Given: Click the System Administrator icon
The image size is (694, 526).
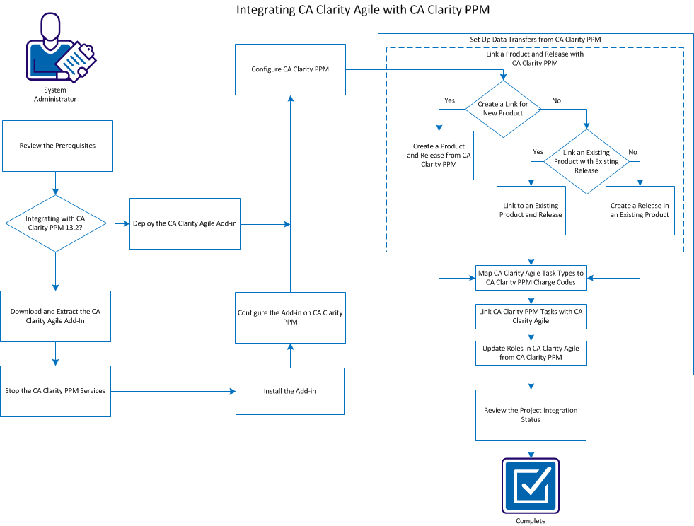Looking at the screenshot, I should point(57,49).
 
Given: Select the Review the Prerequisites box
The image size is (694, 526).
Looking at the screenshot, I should point(57,146).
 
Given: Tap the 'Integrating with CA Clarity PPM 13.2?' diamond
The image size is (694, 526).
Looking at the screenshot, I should point(56,223).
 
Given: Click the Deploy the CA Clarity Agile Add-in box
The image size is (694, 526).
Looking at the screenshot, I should point(185,223).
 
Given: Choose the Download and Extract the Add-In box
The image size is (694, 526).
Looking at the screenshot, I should point(56,316).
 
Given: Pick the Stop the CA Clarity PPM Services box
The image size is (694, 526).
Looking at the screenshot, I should point(55,391).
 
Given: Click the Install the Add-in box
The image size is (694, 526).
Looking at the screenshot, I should point(290,391).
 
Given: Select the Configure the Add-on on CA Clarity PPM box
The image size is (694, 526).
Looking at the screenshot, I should point(290,317).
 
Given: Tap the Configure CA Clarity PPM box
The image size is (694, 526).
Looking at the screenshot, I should point(290,69).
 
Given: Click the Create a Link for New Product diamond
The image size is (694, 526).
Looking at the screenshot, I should point(502,108).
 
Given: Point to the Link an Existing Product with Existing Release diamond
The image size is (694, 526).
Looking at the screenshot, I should point(586,162).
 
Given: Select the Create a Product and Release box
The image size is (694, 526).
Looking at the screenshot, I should point(439,155).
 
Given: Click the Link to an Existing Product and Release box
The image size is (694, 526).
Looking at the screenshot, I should point(531,210).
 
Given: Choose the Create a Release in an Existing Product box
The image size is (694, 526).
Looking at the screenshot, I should point(640,210).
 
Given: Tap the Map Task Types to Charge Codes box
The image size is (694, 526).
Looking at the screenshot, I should point(531,278).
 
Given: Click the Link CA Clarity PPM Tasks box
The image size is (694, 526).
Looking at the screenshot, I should point(531,316).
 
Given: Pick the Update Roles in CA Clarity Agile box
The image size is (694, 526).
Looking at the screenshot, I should point(531,352).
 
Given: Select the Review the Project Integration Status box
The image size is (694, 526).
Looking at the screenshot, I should point(531,415).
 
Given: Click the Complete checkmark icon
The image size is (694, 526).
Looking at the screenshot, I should point(531,486).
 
